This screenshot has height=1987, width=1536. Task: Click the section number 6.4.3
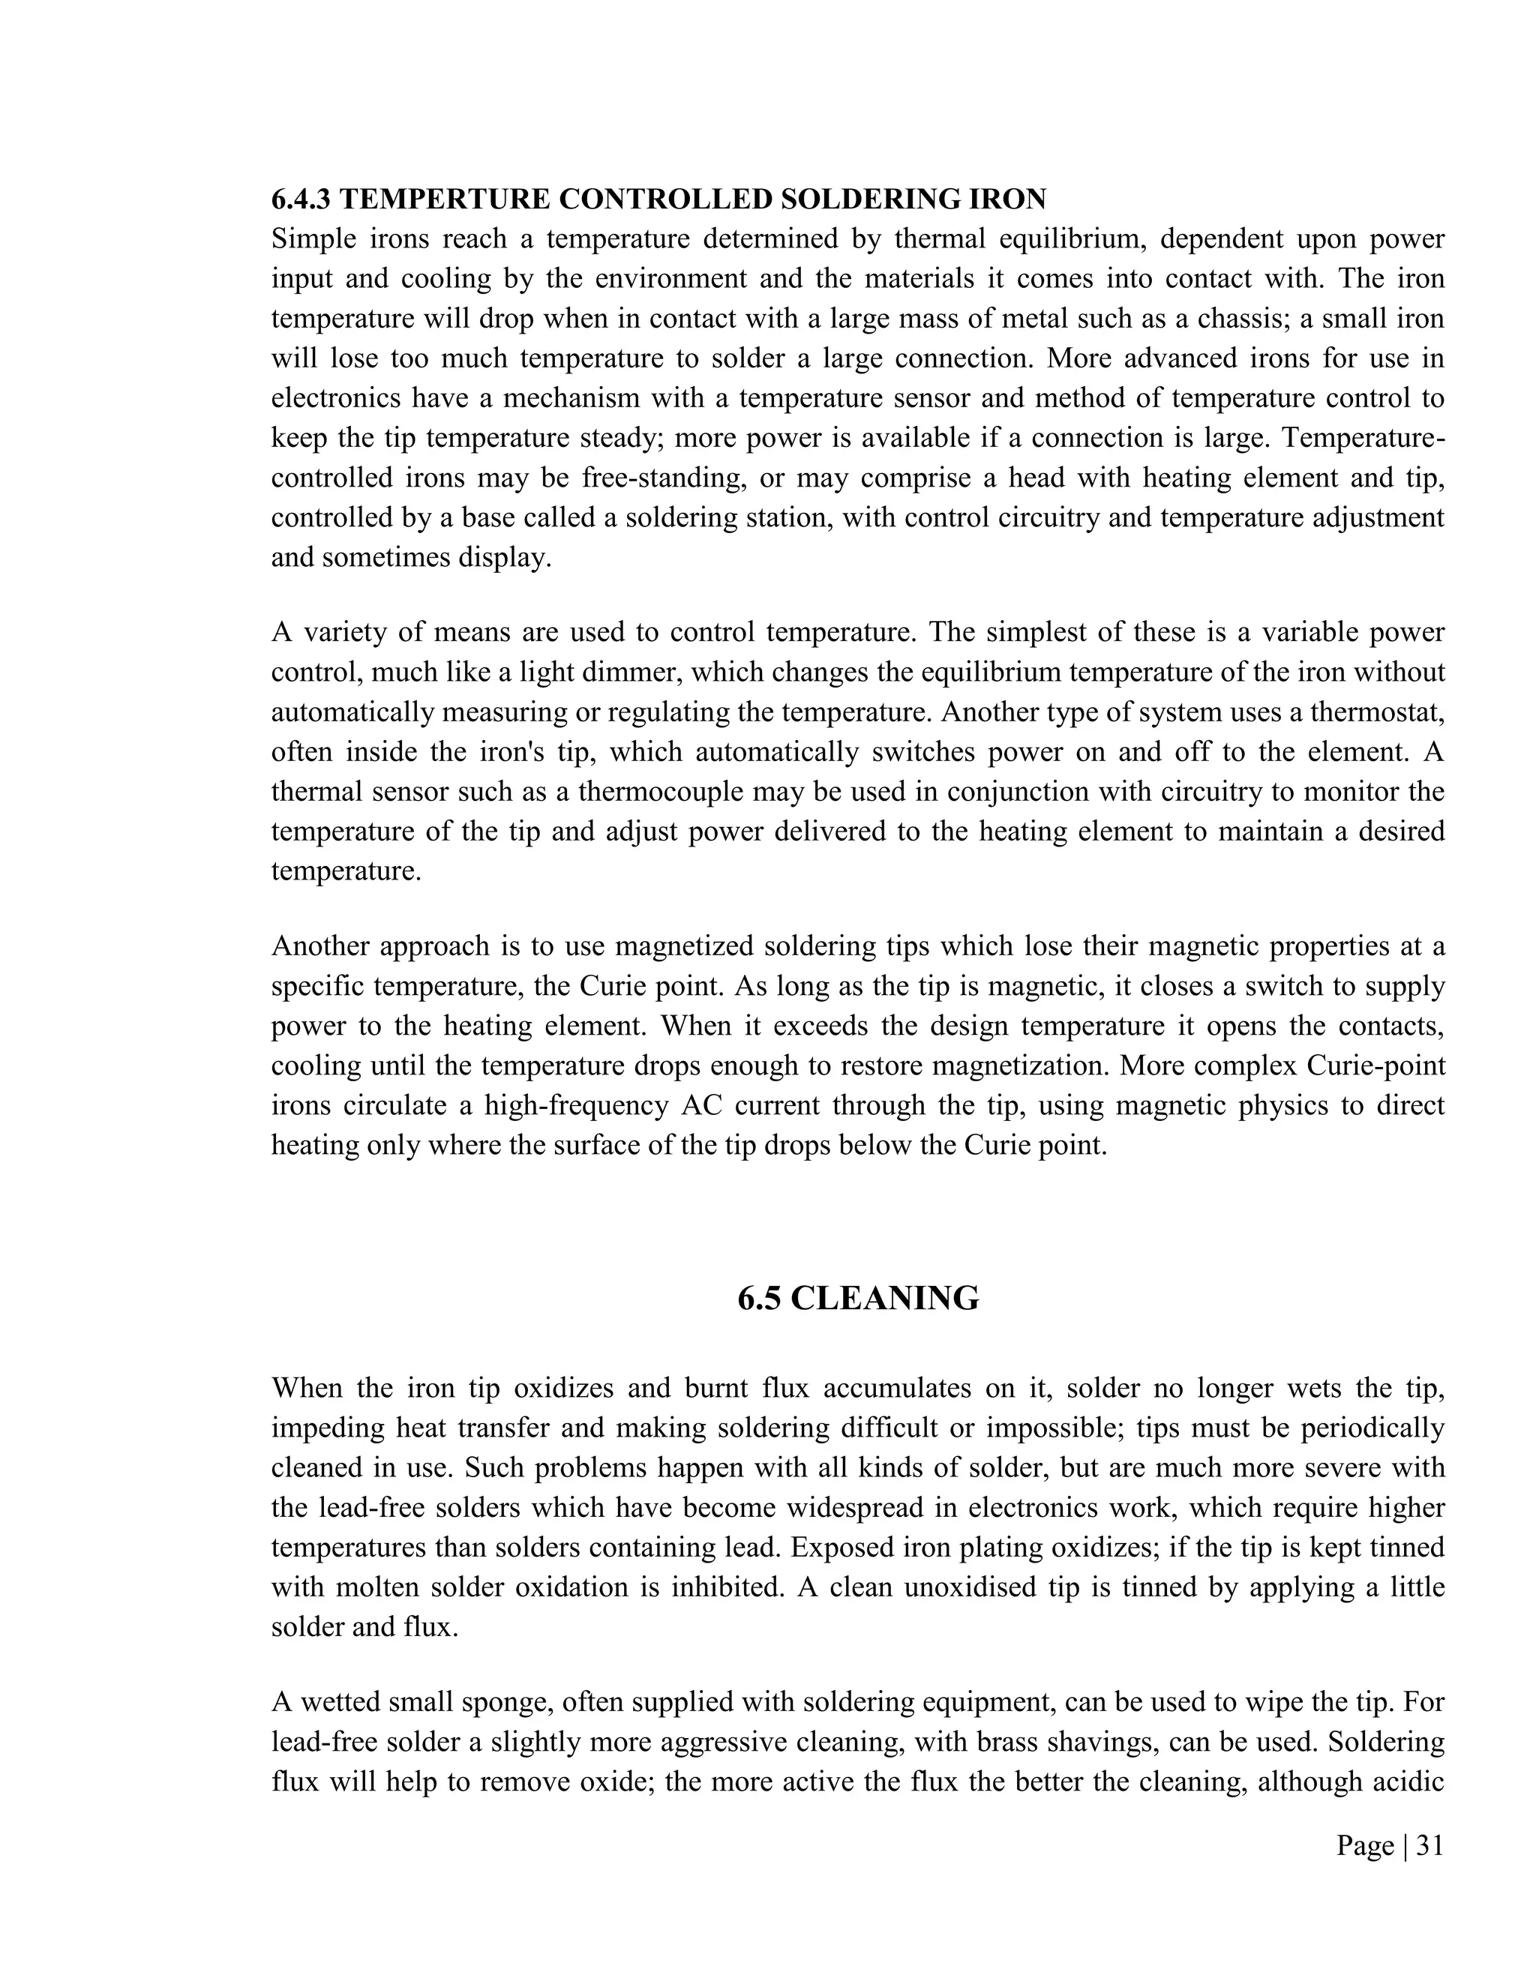click(x=300, y=199)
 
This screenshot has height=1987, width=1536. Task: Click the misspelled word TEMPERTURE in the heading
click(x=442, y=199)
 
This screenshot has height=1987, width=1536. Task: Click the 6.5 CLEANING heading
click(x=858, y=1298)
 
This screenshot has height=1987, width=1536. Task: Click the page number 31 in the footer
click(x=1429, y=1845)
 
